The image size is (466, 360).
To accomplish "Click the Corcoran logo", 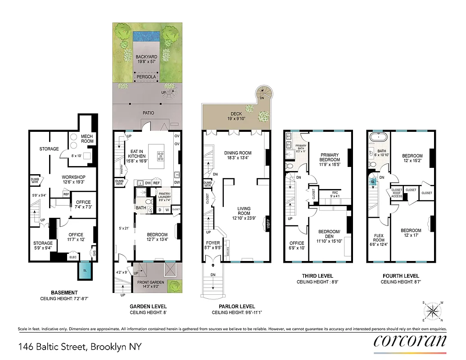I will (410, 340).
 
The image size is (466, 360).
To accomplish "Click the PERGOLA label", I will (147, 77).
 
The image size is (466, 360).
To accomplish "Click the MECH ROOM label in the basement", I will (87, 138).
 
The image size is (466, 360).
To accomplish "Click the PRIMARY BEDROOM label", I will (329, 157).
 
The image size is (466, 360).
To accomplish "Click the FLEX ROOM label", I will (379, 238).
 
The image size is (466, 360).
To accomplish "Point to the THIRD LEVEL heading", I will (318, 276).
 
